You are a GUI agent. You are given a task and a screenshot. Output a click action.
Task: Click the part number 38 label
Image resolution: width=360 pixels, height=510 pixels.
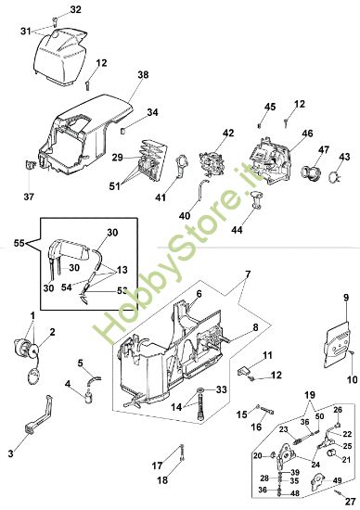point(143,75)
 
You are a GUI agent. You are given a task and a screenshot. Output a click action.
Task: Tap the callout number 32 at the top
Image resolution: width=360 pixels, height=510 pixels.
point(75,10)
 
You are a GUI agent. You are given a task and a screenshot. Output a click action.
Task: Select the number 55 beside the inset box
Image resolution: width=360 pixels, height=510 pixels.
point(19,243)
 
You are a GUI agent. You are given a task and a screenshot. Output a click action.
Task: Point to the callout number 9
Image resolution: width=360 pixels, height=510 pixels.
point(346,298)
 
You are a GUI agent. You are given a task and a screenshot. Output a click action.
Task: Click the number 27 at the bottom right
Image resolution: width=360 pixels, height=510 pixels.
point(350,503)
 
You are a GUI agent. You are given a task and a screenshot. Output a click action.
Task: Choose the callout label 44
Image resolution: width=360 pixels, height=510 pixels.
point(237,230)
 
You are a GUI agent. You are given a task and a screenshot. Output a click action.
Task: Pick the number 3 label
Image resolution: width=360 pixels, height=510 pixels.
point(11,453)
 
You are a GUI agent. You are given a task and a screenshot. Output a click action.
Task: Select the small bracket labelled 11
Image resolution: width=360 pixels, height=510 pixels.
point(245,371)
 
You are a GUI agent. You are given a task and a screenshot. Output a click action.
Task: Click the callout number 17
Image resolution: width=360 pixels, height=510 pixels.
point(157,465)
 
